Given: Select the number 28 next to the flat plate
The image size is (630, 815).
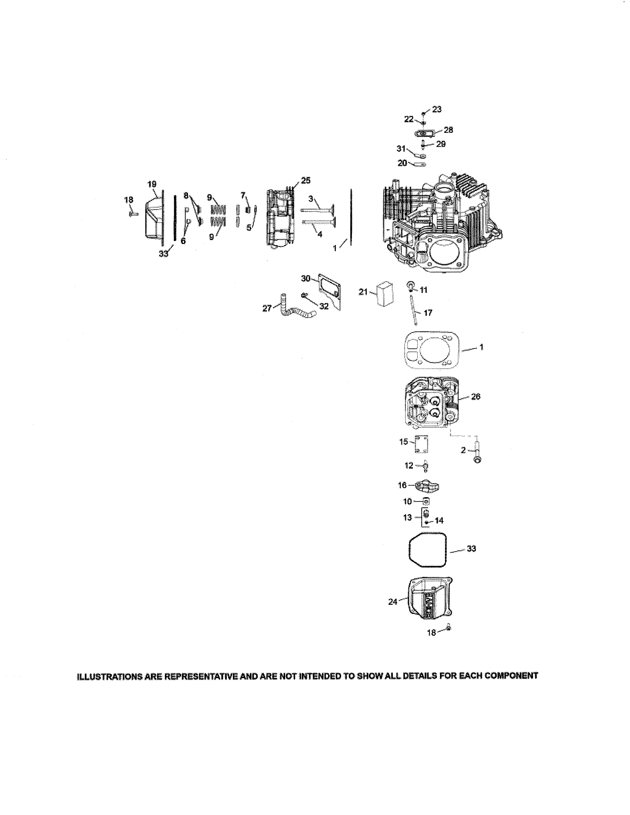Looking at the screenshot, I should coord(448,130).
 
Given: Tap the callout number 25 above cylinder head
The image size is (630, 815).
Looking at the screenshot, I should coord(305,181).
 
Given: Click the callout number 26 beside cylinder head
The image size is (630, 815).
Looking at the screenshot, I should coord(476,397).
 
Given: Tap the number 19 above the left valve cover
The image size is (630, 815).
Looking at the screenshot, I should coord(152,184).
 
